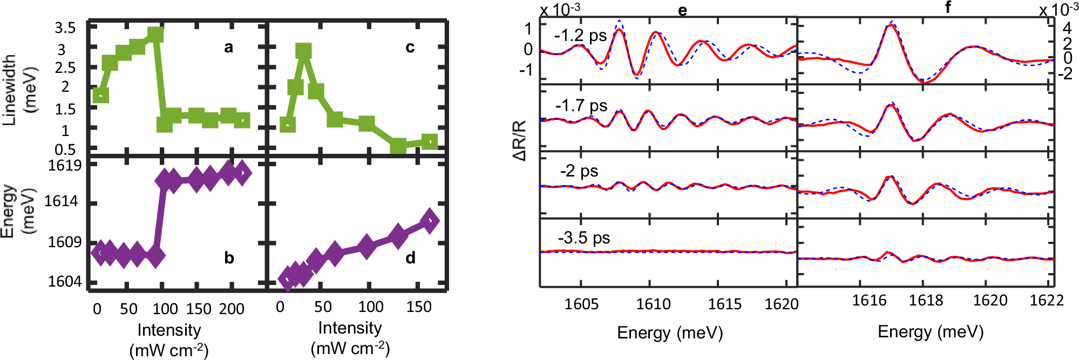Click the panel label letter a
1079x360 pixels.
pyautogui.click(x=229, y=47)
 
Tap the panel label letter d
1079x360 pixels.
pyautogui.click(x=410, y=258)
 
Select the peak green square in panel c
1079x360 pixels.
pyautogui.click(x=304, y=52)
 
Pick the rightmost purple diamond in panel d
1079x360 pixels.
pyautogui.click(x=430, y=221)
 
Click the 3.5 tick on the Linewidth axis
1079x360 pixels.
pyautogui.click(x=65, y=28)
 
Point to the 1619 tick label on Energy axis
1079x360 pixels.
pyautogui.click(x=65, y=166)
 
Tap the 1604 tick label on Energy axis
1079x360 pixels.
pyautogui.click(x=65, y=281)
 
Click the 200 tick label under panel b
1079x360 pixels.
pyautogui.click(x=232, y=309)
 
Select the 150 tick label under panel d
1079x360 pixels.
pyautogui.click(x=419, y=307)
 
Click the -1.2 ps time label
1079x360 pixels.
pyautogui.click(x=581, y=36)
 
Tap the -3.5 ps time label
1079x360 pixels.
pyautogui.click(x=583, y=238)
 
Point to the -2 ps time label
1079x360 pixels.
pyautogui.click(x=579, y=172)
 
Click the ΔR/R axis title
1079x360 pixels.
pyautogui.click(x=520, y=140)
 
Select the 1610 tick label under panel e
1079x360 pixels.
pyautogui.click(x=653, y=304)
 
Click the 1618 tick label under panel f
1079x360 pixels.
pyautogui.click(x=926, y=301)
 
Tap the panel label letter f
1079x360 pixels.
pyautogui.click(x=948, y=7)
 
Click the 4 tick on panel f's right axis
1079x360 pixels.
pyautogui.click(x=1067, y=28)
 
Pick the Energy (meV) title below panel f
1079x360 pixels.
pyautogui.click(x=931, y=331)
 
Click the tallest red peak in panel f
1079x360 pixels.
pyautogui.click(x=890, y=25)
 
